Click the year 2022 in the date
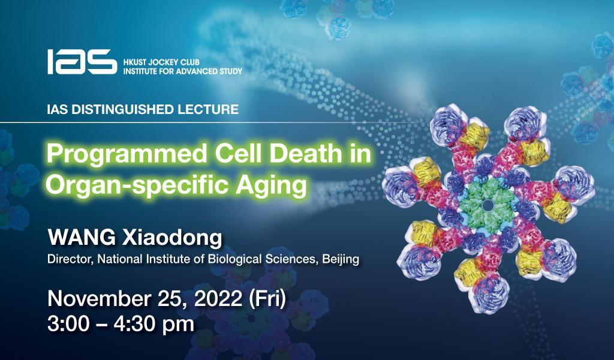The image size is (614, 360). [x=211, y=298]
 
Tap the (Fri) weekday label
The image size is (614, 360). [x=265, y=298]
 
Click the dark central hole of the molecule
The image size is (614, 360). [x=487, y=206]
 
